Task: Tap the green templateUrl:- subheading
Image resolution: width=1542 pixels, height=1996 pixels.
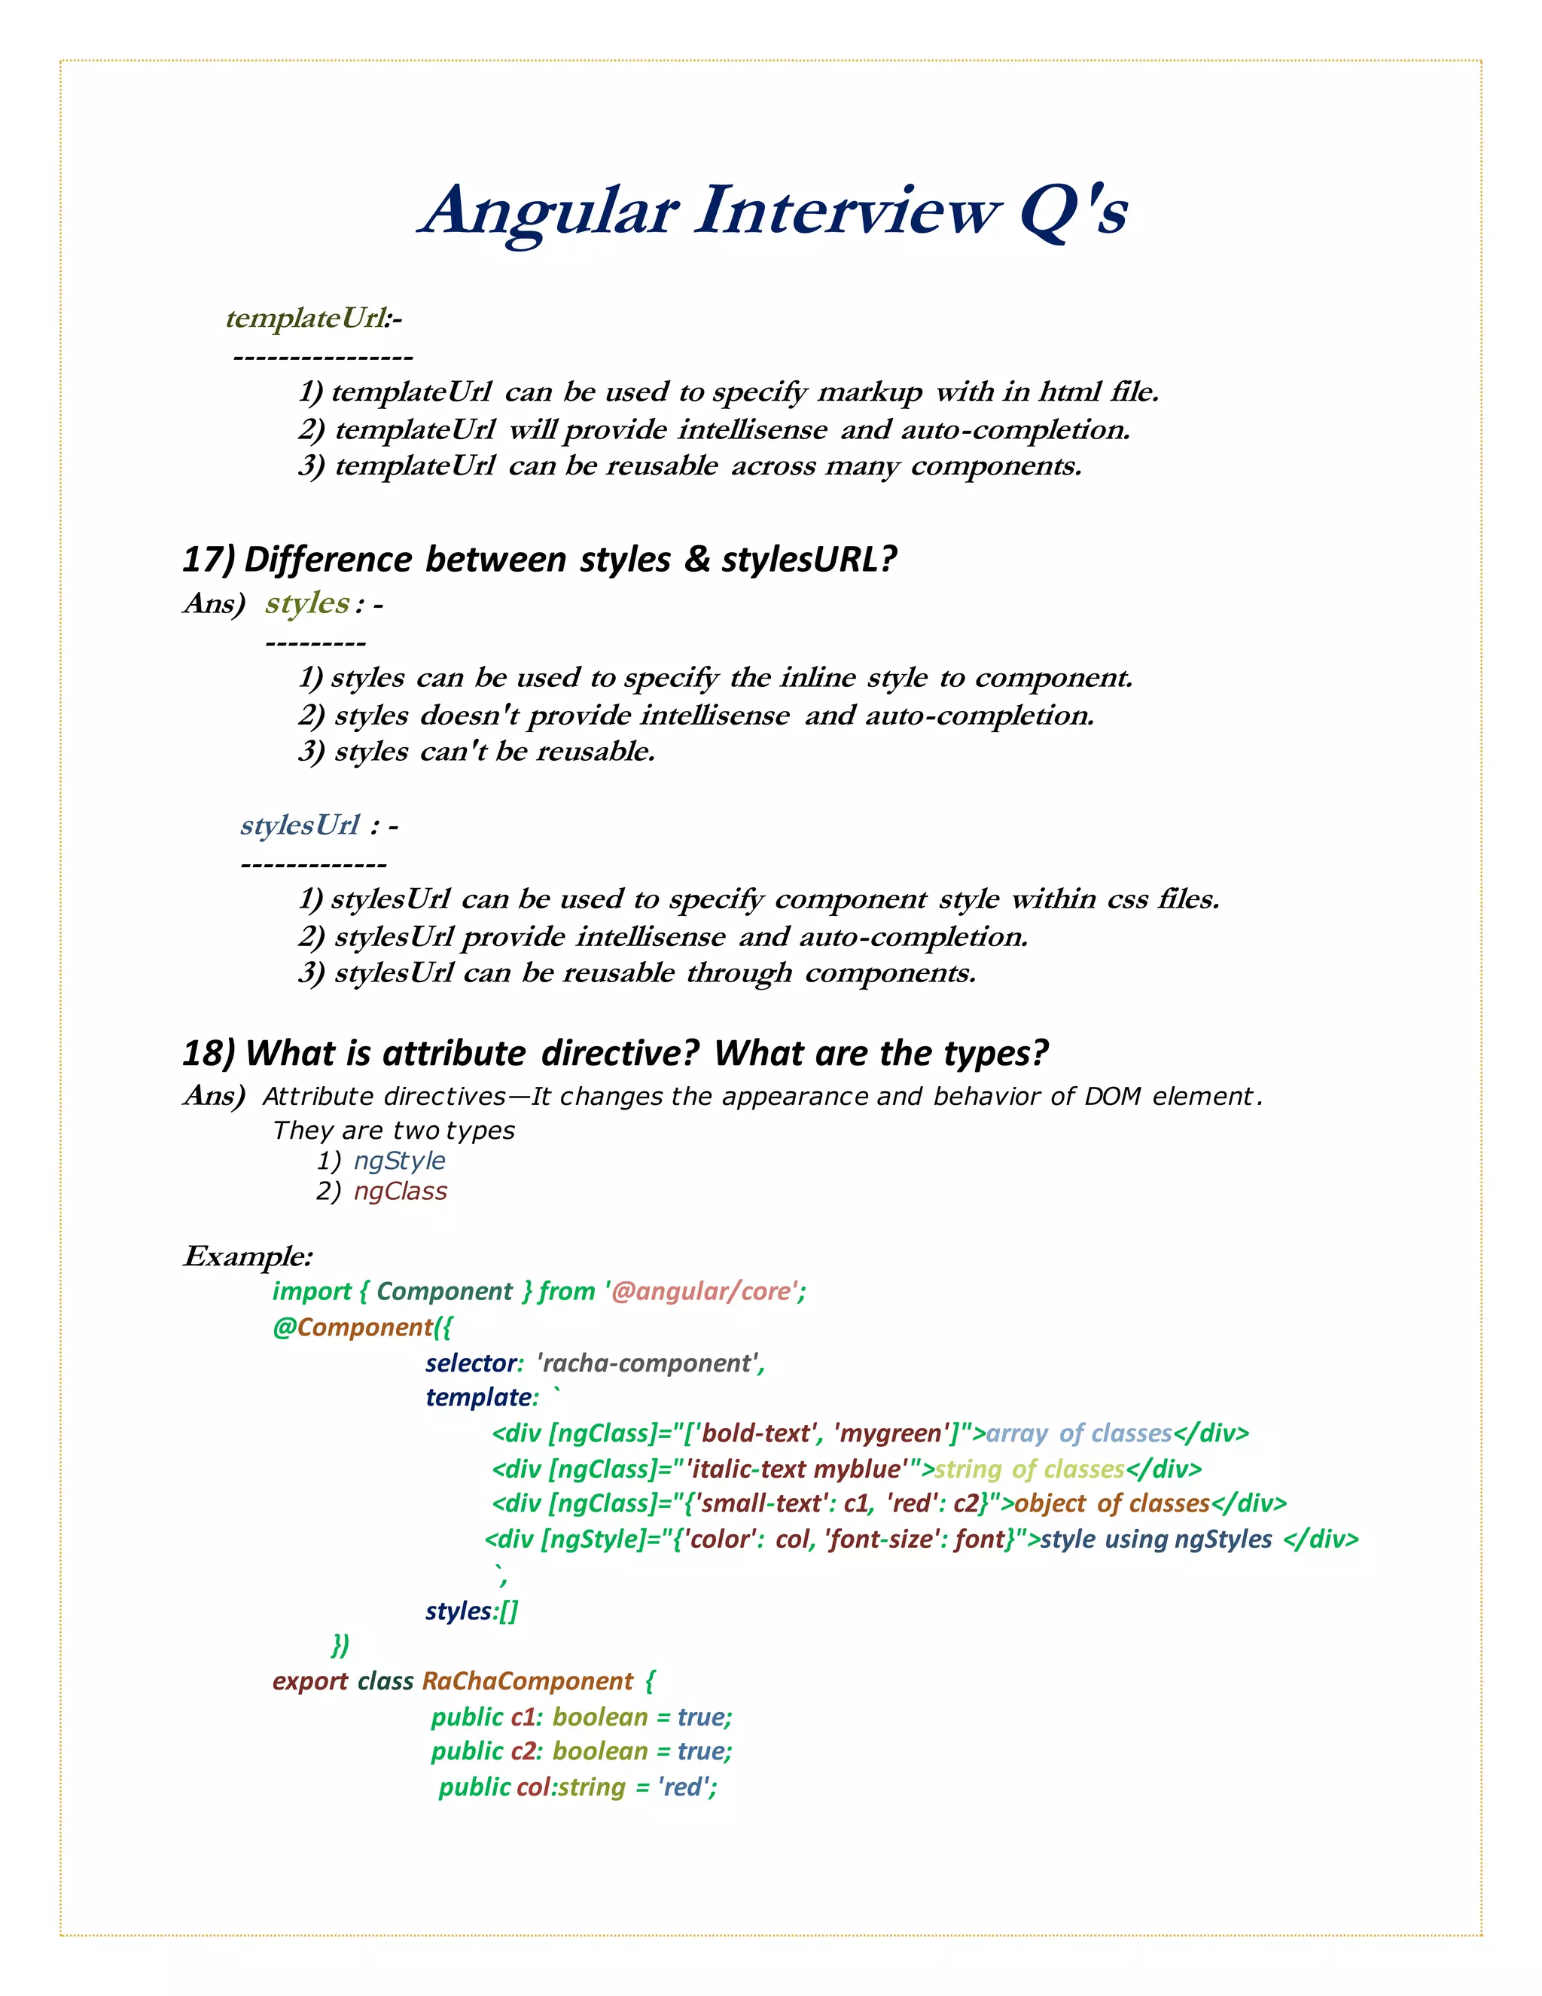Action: tap(313, 318)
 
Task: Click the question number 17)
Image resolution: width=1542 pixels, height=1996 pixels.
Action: tap(209, 560)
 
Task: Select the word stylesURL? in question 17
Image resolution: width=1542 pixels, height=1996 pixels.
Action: tap(809, 560)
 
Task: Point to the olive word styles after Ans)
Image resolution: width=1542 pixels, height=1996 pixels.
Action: tap(307, 603)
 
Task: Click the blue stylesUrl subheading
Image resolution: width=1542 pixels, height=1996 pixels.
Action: tap(300, 826)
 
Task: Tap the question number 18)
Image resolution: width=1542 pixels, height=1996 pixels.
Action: tap(209, 1054)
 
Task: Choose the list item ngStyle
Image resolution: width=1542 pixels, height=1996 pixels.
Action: tap(399, 1161)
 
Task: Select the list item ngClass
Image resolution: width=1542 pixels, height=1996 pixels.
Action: tap(400, 1192)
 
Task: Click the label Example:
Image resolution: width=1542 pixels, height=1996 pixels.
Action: tap(248, 1256)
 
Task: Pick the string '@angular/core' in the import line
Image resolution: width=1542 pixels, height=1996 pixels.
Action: tap(701, 1291)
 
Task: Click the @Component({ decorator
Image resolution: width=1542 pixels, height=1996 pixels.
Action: tap(361, 1327)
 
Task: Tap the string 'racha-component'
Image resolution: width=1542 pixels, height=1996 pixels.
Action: tap(648, 1363)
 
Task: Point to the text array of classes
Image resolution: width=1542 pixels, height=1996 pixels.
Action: tap(1078, 1433)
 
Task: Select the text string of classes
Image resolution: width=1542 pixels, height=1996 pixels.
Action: tap(1029, 1469)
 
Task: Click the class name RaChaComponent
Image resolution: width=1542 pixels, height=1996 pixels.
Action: tap(527, 1682)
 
